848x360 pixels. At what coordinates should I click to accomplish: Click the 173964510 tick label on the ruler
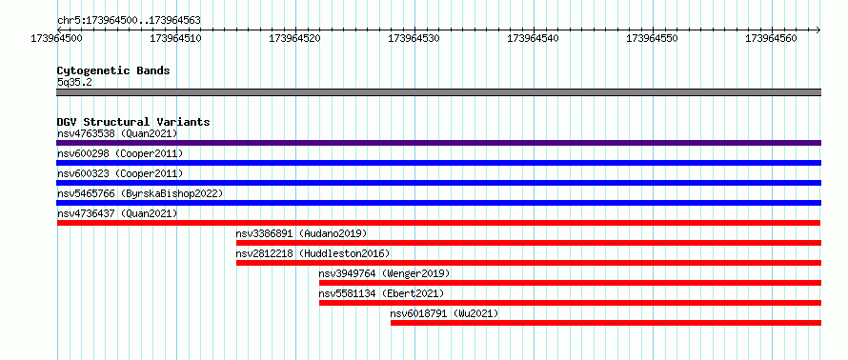[176, 38]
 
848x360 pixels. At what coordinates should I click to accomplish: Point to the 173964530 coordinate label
[414, 38]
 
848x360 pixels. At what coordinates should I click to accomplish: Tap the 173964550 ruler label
[653, 38]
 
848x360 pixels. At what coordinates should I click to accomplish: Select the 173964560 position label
[772, 38]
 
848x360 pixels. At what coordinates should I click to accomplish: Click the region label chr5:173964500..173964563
[129, 21]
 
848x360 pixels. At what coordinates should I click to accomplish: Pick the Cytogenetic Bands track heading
[113, 70]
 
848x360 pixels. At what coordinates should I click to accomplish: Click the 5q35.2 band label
[74, 82]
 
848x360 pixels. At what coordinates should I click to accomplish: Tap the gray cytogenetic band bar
[438, 92]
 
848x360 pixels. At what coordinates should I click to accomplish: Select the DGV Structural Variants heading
[133, 122]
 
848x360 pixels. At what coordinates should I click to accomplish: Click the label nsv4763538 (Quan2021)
[117, 133]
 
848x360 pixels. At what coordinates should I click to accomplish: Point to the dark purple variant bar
[438, 143]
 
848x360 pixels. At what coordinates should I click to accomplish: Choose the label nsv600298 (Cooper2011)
[120, 153]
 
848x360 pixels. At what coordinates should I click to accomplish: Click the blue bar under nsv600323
[438, 183]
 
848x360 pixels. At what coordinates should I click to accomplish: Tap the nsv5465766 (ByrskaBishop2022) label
[140, 193]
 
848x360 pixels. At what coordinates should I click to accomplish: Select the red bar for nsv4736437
[438, 223]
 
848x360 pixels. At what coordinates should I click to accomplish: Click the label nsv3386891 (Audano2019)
[301, 233]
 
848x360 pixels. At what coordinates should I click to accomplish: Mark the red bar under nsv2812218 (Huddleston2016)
[529, 263]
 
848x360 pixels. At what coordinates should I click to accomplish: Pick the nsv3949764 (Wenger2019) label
[385, 273]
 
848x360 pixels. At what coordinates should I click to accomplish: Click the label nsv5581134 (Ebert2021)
[381, 293]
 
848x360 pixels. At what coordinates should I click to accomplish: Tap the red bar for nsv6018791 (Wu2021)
[606, 323]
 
